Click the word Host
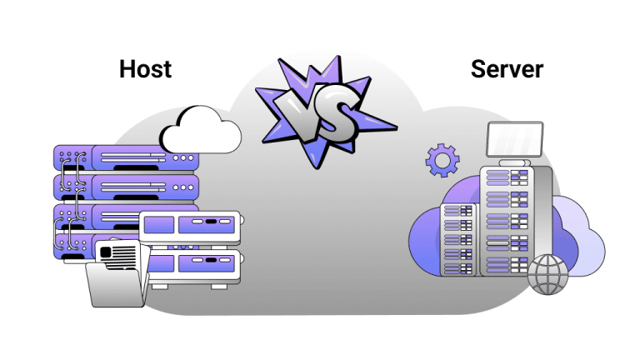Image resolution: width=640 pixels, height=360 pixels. click(x=145, y=68)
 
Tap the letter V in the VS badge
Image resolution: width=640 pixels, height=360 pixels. click(x=299, y=113)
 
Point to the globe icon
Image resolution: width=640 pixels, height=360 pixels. click(x=547, y=273)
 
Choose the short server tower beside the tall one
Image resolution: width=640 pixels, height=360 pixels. click(x=457, y=237)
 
